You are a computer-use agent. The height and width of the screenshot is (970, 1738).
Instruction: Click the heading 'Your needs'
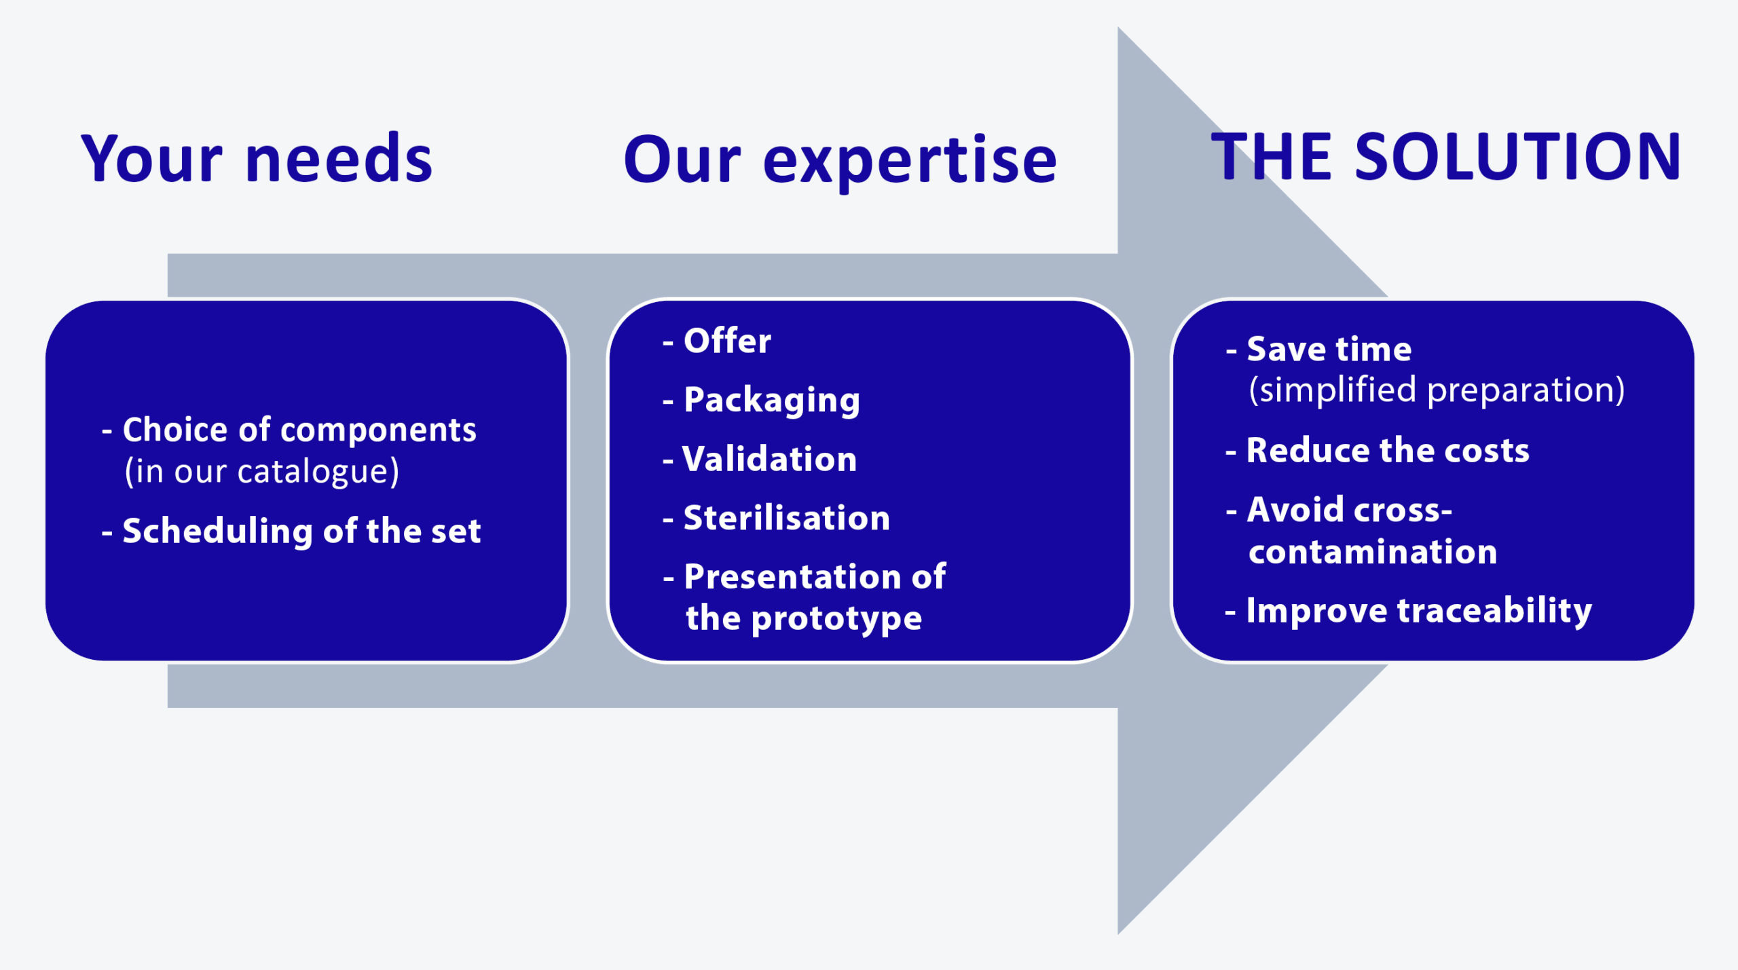(x=257, y=158)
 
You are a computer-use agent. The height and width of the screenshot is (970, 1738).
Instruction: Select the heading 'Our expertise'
(x=840, y=162)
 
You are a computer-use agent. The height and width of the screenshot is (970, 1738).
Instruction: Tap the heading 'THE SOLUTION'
(x=1446, y=157)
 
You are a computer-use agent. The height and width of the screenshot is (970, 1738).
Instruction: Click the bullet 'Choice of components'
(x=289, y=430)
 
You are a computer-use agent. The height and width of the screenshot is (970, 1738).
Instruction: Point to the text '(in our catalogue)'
(x=262, y=471)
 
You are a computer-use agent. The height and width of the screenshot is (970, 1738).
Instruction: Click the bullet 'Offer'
(x=717, y=340)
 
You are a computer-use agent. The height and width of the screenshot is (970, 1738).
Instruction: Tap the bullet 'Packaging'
(x=762, y=400)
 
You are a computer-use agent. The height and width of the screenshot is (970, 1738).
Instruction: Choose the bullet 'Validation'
(x=760, y=459)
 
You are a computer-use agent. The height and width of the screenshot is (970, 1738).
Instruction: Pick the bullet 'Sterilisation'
(x=776, y=518)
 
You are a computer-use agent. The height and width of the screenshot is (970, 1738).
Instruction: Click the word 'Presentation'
(x=792, y=577)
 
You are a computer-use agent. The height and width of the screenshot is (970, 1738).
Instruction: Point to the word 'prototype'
(x=837, y=619)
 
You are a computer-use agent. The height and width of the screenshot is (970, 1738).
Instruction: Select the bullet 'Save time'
(x=1318, y=349)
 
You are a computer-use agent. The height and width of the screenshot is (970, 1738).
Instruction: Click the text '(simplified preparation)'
(x=1437, y=390)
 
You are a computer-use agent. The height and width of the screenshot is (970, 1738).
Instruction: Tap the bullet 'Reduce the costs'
(x=1378, y=450)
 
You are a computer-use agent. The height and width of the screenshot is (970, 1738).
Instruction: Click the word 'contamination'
(x=1373, y=551)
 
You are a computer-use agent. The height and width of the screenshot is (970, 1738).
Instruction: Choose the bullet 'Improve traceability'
(x=1409, y=611)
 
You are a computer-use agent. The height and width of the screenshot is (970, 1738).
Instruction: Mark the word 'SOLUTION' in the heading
(x=1518, y=157)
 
